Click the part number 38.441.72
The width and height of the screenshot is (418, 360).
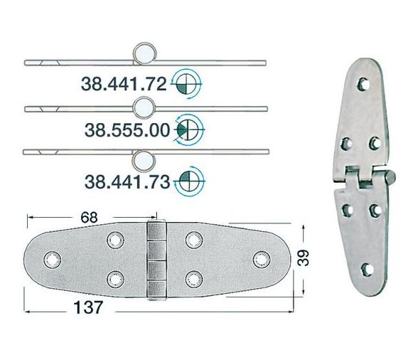tap(124, 85)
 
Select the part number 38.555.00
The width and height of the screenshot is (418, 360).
tap(126, 131)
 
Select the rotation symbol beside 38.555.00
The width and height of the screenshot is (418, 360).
tap(188, 129)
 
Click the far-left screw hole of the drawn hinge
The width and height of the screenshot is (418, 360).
tap(51, 258)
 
